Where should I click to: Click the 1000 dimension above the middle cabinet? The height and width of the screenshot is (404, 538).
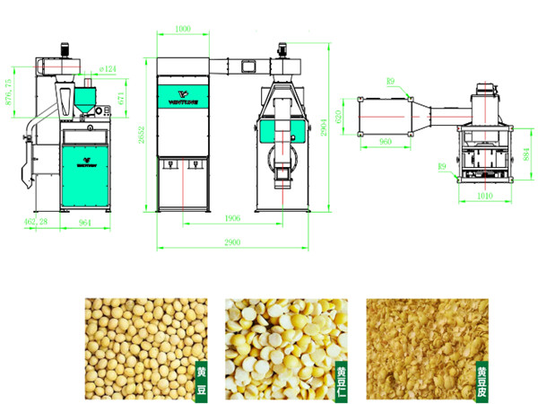click(x=182, y=30)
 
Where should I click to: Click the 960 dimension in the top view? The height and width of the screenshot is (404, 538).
click(x=386, y=142)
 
